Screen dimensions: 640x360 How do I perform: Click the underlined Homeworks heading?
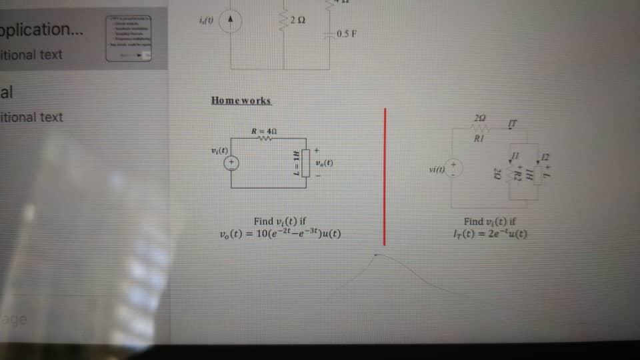241,101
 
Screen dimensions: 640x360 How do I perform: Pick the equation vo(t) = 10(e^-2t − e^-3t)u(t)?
281,234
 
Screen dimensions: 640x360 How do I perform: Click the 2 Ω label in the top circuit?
299,21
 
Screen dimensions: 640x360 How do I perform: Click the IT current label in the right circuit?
512,124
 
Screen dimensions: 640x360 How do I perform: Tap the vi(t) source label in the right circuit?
437,171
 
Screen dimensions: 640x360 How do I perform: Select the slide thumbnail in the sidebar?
129,38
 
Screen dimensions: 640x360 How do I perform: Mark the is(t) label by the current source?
206,20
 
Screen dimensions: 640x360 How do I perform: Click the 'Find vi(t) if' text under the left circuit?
280,221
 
